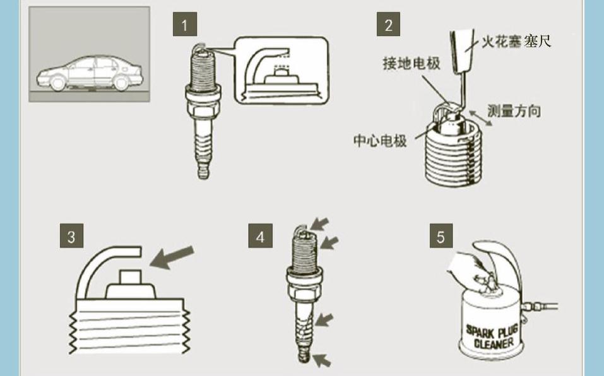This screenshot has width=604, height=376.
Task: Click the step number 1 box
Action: (185, 24)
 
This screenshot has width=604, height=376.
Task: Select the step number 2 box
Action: (388, 24)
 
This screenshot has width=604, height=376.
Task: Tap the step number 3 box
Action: (72, 236)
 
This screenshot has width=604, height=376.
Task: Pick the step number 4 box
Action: (261, 236)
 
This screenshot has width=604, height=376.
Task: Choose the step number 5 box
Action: (441, 236)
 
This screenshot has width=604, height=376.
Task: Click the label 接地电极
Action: (412, 63)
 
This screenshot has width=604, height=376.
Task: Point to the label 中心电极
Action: (380, 141)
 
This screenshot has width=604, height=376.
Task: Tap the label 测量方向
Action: (514, 111)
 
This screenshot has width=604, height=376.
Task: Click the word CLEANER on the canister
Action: (494, 343)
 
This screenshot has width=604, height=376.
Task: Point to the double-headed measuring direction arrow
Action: (480, 118)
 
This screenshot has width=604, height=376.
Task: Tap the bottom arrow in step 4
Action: (322, 360)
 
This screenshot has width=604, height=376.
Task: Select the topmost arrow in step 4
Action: (320, 223)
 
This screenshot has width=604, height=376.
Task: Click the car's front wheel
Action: (58, 83)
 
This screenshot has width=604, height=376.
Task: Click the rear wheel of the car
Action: (121, 83)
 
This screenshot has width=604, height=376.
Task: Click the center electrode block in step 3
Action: (130, 284)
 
